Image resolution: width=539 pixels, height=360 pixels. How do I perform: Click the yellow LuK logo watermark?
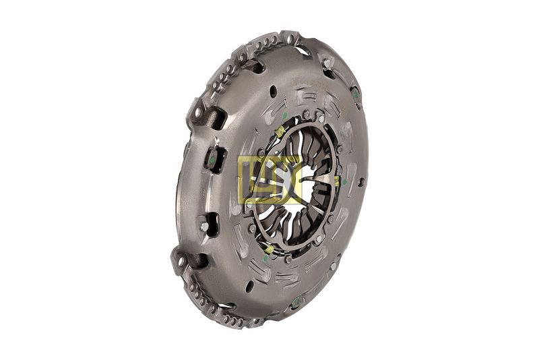(x=269, y=179)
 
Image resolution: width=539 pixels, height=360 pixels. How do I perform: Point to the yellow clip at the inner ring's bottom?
(x=268, y=249)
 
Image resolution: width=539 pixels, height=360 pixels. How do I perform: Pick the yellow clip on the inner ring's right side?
(x=336, y=180)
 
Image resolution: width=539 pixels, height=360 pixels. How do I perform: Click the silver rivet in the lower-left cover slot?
(x=204, y=227)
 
